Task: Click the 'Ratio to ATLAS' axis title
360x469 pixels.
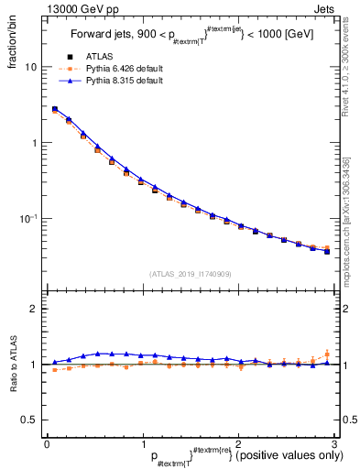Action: click(12, 364)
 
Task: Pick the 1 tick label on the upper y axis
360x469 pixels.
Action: click(36, 143)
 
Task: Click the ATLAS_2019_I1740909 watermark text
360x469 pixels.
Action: click(190, 274)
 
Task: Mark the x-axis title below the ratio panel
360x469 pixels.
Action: click(237, 456)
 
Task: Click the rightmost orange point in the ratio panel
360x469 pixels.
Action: click(327, 354)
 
